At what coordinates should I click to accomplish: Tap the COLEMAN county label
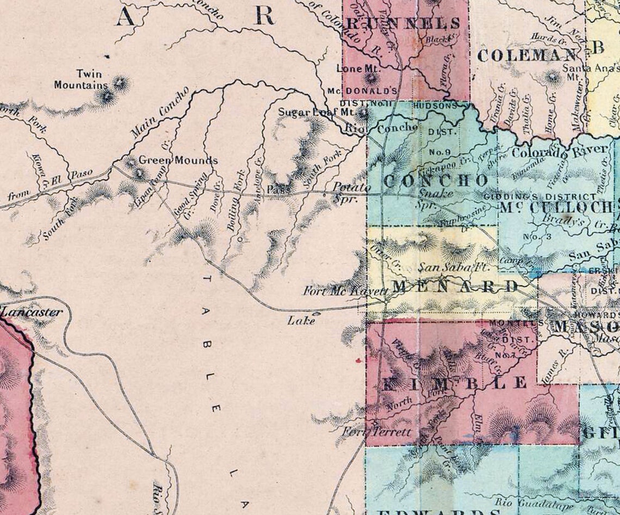(x=526, y=55)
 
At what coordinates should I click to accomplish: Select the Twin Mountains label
(x=81, y=79)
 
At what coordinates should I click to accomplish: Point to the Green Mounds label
(x=178, y=161)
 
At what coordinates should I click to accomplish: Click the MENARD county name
(x=456, y=286)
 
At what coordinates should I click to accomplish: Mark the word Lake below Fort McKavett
(x=301, y=321)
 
